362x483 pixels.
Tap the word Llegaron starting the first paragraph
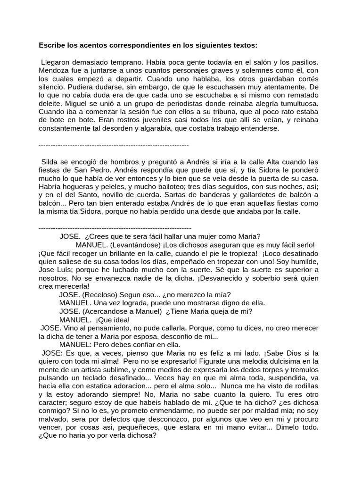(57, 62)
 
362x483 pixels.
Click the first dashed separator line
(113, 145)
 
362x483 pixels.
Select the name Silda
(51, 162)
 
